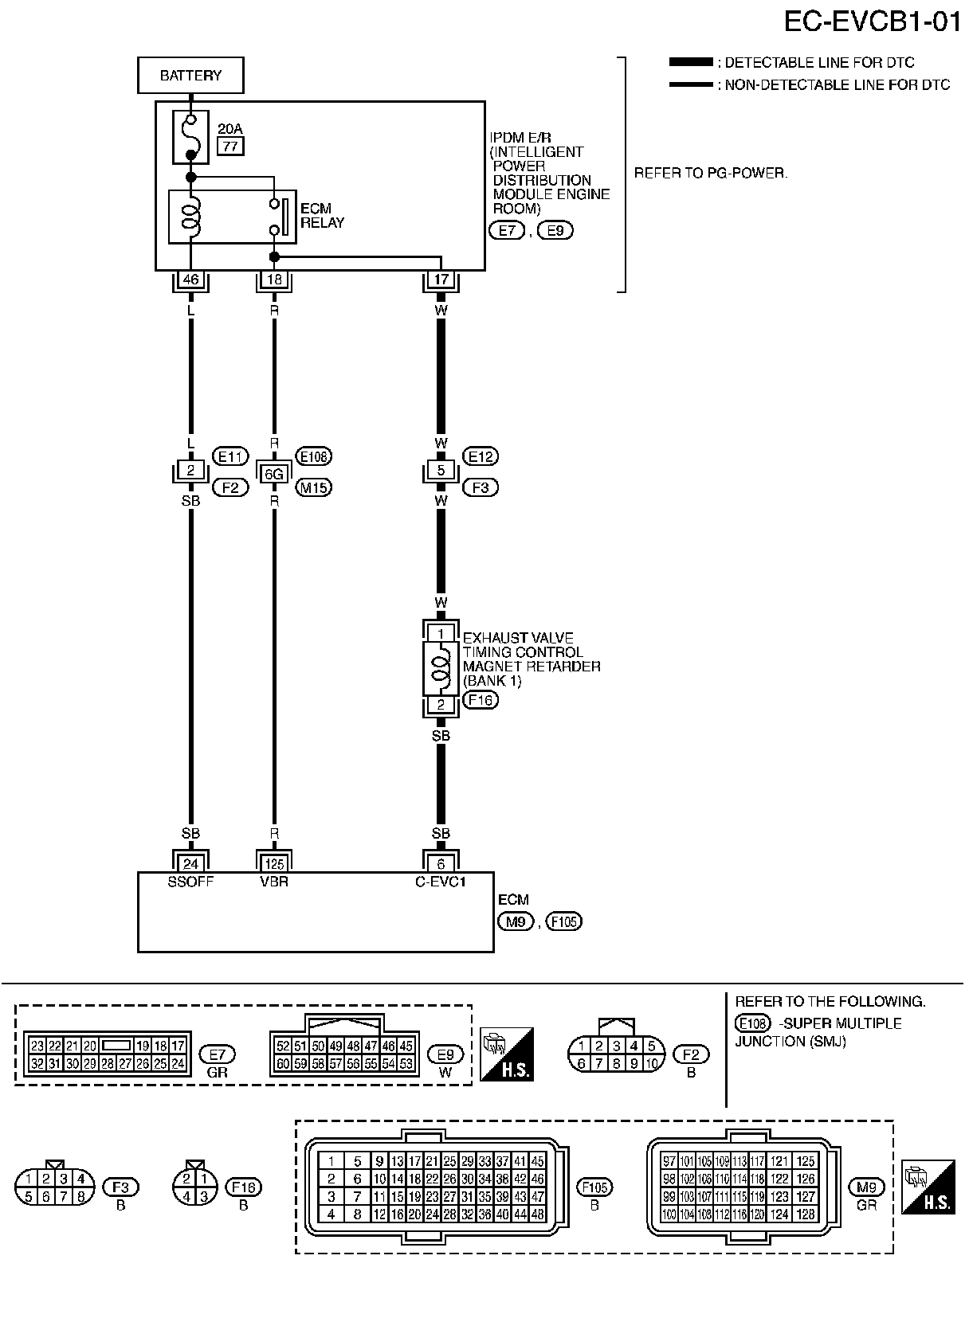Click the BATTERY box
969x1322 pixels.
pos(190,76)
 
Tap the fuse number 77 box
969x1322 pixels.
pos(231,146)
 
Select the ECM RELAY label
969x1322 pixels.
pos(322,216)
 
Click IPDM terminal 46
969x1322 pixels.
pos(190,280)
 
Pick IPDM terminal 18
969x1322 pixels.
pos(274,280)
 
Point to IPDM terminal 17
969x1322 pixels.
pos(441,280)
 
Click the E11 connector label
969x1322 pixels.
pos(230,456)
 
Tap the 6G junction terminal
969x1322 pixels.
pos(274,475)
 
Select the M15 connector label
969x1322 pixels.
pos(313,487)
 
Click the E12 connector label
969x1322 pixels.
pos(480,456)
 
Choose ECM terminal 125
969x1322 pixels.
pos(274,863)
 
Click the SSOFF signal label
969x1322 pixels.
pos(190,882)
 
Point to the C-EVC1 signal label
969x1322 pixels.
pos(441,882)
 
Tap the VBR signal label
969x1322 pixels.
pos(274,882)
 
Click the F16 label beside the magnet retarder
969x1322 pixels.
pos(480,700)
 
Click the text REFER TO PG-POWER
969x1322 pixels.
pos(710,173)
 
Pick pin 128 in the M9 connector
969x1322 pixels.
pos(806,1214)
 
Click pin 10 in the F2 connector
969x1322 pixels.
pos(652,1063)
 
